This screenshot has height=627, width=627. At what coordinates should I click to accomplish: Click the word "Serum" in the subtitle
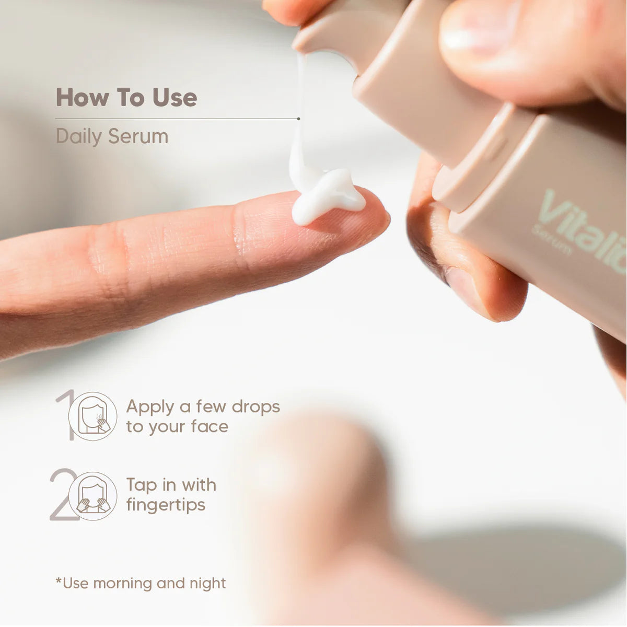coord(138,136)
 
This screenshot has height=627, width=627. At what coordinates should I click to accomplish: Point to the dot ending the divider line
coord(298,119)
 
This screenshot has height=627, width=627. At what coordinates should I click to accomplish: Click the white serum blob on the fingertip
coord(326,195)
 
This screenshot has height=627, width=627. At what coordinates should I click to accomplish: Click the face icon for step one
coord(92,416)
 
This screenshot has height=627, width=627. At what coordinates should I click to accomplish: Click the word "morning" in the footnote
coord(123,584)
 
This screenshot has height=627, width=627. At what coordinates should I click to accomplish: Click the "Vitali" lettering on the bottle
coord(583,228)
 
